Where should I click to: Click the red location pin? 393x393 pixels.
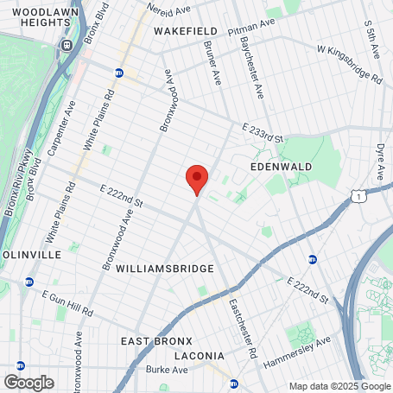[x=197, y=180]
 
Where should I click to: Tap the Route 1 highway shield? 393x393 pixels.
[x=357, y=197]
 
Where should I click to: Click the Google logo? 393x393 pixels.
[x=29, y=382]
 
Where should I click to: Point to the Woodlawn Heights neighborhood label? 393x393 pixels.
[x=36, y=17]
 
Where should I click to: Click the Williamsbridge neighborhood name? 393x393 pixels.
[x=164, y=269]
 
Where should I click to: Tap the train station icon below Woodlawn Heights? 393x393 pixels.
[x=65, y=45]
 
